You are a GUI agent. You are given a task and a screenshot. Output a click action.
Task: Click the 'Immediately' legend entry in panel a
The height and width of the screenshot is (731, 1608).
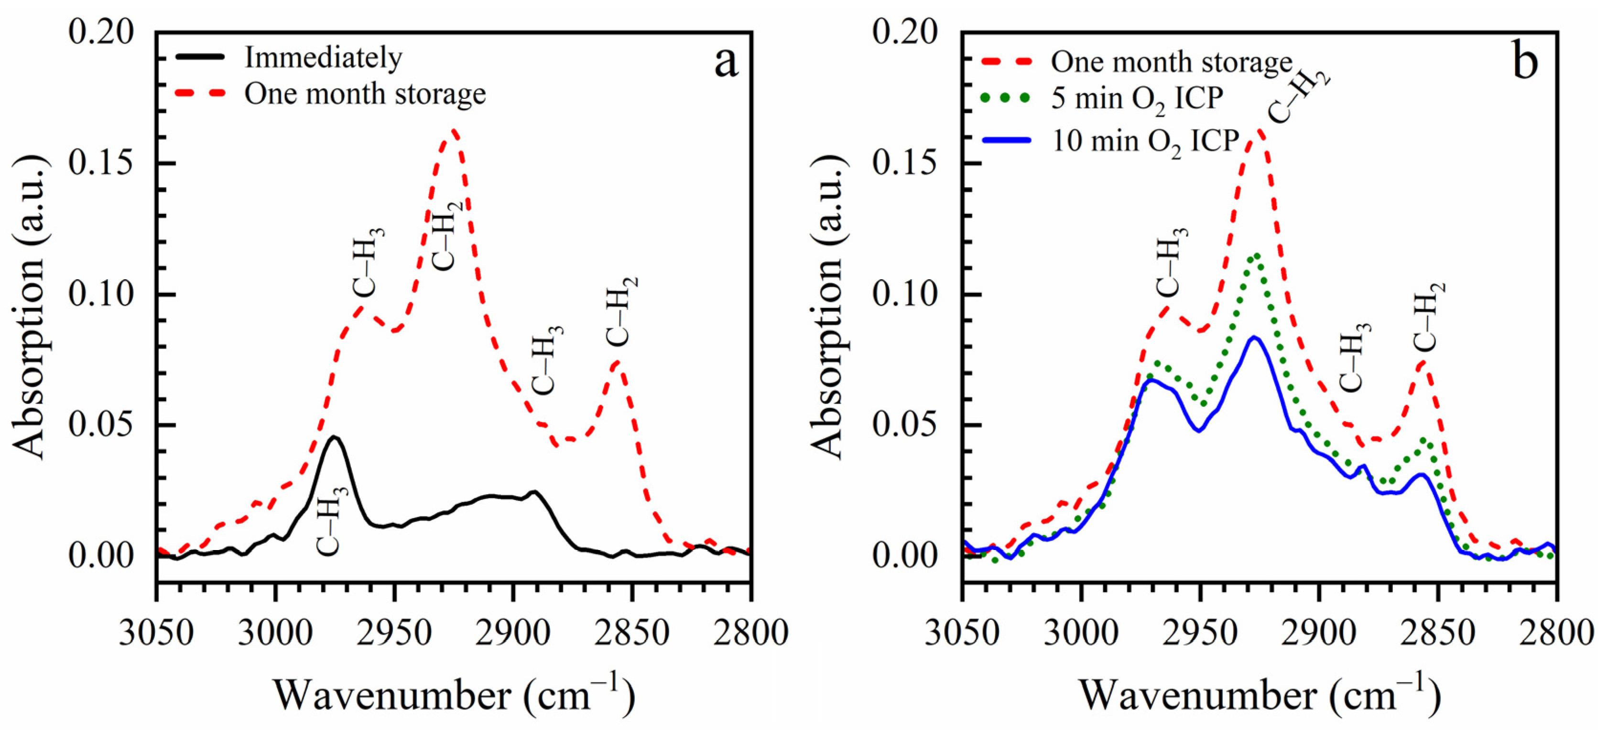(x=323, y=57)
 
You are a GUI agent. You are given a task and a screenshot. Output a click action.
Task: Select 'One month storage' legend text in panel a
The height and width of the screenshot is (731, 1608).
(x=365, y=94)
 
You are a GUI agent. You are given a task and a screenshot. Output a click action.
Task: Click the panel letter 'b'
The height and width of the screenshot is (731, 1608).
(x=1525, y=63)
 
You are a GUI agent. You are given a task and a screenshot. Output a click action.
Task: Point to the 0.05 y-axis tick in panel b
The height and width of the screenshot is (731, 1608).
(x=904, y=425)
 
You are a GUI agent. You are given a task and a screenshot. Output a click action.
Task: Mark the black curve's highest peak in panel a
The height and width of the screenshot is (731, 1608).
(x=335, y=436)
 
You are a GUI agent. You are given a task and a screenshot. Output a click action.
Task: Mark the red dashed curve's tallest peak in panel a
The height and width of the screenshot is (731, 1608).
(x=453, y=130)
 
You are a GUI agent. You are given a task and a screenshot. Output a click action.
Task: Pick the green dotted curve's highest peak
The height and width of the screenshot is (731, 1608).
(x=1256, y=254)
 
